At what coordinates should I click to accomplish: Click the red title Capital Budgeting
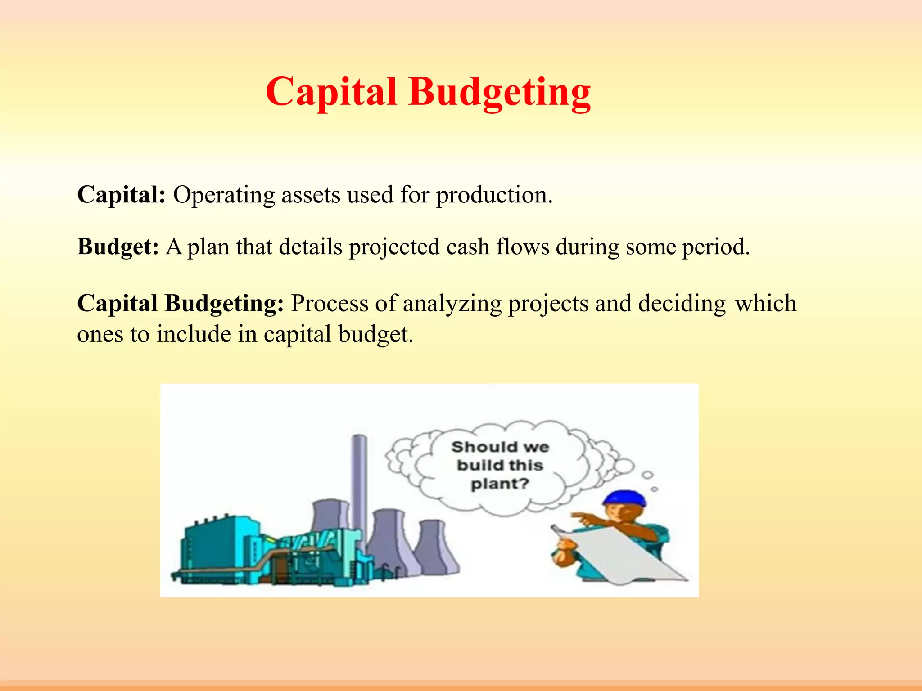[428, 92]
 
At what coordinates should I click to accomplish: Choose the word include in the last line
[194, 334]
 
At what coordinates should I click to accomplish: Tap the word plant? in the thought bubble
[500, 484]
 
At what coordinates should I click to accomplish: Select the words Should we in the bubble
[500, 447]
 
